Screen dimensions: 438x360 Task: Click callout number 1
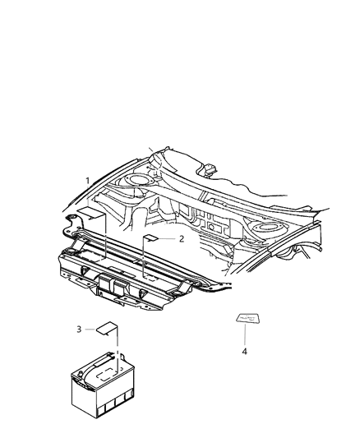(x=88, y=180)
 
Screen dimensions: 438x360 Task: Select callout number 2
(x=180, y=238)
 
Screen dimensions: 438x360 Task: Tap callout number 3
(x=79, y=329)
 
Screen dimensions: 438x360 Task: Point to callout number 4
(x=244, y=351)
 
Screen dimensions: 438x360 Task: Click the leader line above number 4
(x=245, y=335)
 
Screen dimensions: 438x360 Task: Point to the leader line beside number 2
(x=167, y=238)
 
